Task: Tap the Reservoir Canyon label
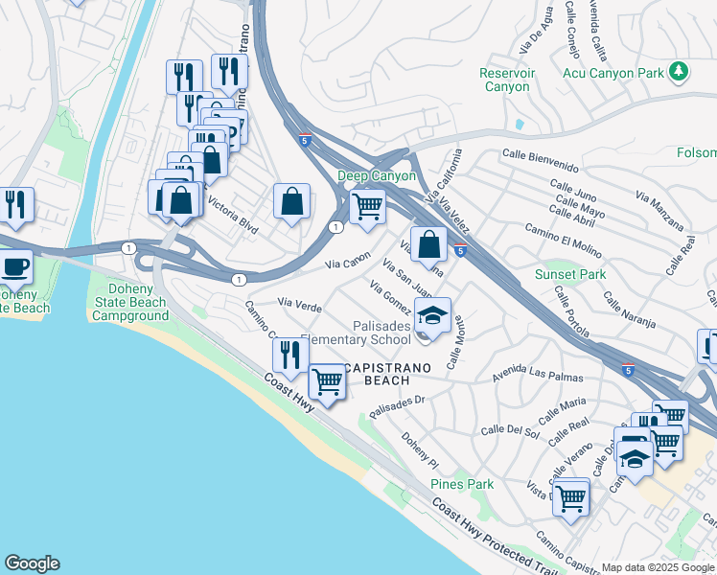pos(505,80)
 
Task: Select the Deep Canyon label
pos(377,176)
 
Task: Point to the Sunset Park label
pos(570,274)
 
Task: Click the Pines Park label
pos(462,484)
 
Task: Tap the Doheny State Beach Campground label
pos(129,302)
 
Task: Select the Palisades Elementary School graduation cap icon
pos(432,314)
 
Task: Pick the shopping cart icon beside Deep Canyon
pos(367,205)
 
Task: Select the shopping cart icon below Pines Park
pos(571,496)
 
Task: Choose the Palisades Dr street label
pos(396,406)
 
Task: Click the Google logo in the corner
pos(32,563)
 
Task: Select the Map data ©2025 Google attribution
pos(658,567)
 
